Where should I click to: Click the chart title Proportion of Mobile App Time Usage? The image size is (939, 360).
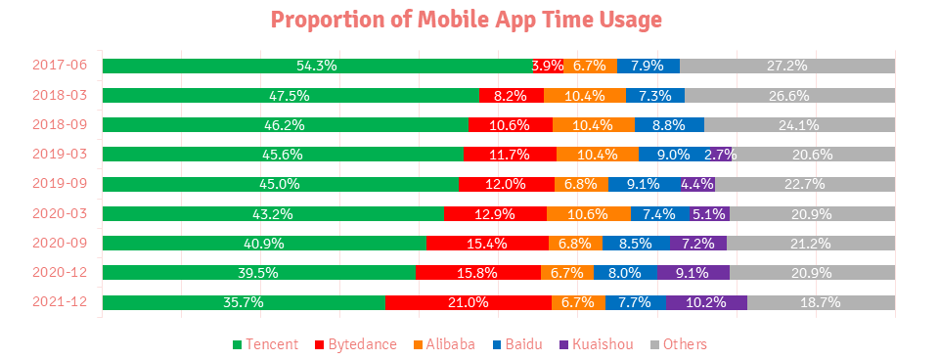(x=468, y=20)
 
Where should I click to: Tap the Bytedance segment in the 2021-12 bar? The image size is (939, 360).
(x=468, y=302)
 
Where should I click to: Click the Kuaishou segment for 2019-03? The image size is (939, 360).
(x=720, y=155)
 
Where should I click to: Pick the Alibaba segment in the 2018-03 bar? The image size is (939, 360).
(x=584, y=96)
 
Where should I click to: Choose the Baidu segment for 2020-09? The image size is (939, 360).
(x=636, y=244)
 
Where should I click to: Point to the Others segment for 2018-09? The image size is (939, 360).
(x=799, y=125)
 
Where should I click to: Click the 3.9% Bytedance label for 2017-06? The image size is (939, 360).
(x=548, y=66)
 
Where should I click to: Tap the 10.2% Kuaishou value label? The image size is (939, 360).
(x=706, y=302)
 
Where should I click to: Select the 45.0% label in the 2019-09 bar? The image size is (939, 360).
(x=280, y=184)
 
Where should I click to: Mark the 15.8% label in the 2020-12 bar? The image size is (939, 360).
(x=477, y=273)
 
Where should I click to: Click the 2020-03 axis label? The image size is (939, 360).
(x=60, y=213)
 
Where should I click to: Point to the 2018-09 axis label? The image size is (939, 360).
(x=60, y=125)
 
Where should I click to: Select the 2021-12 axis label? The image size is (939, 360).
(x=60, y=302)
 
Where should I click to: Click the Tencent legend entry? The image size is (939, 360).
(x=266, y=344)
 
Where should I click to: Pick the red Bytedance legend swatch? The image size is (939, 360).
(x=319, y=344)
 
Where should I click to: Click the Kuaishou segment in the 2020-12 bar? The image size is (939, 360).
(x=693, y=273)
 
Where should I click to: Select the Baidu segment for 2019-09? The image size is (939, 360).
(x=644, y=184)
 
